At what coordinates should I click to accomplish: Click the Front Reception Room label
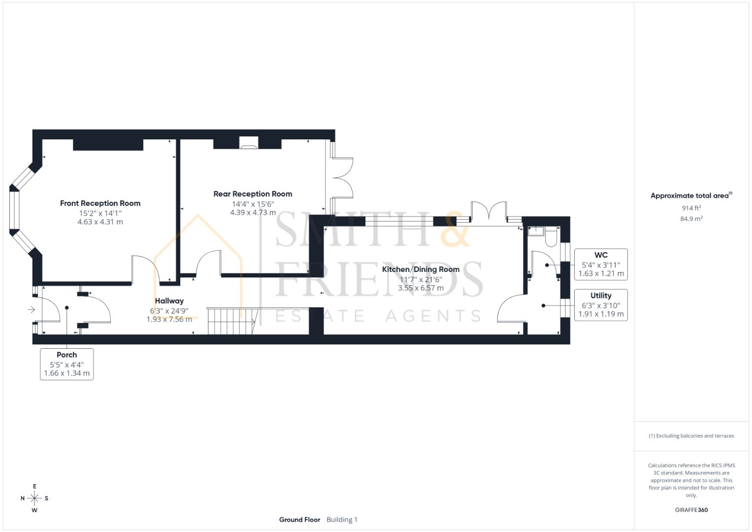[100, 203]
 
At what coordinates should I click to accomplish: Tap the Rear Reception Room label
[253, 194]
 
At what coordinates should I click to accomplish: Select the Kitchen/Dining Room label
[421, 269]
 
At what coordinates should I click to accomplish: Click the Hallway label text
[169, 301]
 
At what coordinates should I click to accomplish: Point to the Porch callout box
[66, 364]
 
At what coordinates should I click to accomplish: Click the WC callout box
[601, 265]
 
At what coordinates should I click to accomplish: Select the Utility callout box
[601, 305]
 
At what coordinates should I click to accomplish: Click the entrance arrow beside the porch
[31, 309]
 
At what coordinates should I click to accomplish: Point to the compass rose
[34, 498]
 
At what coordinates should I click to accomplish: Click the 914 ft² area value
[691, 208]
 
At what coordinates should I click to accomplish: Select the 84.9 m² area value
[691, 219]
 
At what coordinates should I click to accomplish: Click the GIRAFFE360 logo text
[691, 510]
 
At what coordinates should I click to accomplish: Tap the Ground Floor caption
[299, 520]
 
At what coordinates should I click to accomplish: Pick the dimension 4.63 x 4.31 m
[100, 222]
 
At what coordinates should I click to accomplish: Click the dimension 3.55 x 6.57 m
[421, 288]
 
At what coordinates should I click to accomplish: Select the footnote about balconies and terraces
[691, 436]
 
